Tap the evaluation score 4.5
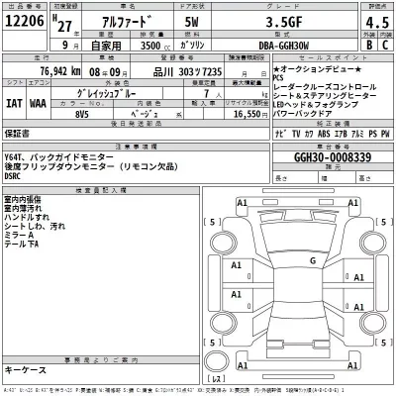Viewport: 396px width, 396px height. tap(374, 24)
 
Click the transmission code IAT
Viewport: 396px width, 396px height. tap(13, 101)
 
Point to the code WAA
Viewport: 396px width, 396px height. tap(36, 101)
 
